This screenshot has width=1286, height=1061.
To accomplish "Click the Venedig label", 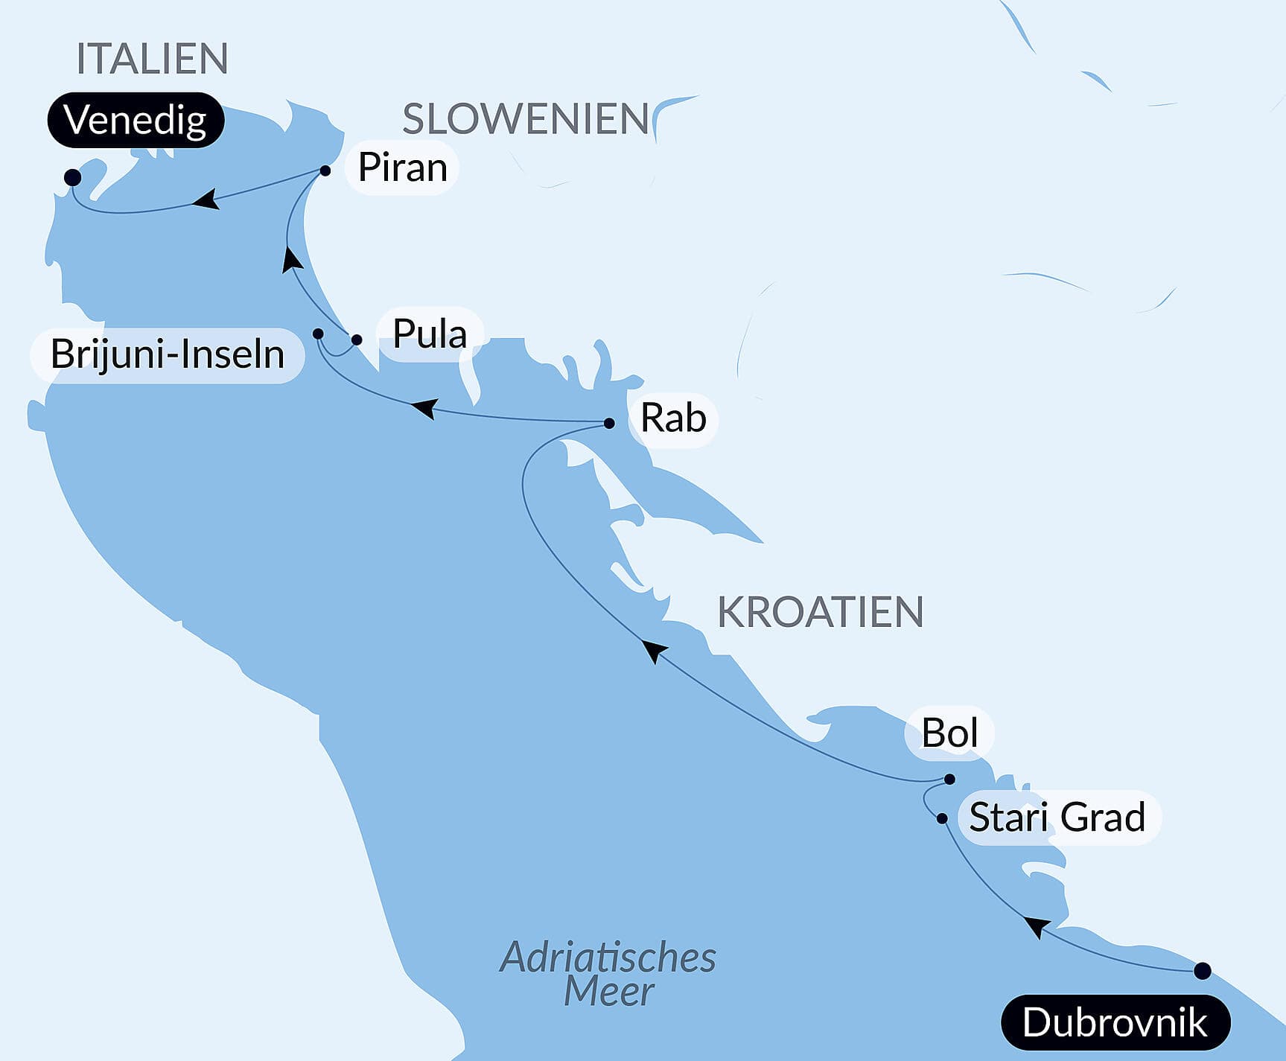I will point(136,120).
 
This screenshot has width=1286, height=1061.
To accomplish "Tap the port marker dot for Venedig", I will point(72,177).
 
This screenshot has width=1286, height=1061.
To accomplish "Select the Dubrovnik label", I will point(1115,1022).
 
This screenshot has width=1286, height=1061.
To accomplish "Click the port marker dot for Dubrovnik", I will point(1202,971).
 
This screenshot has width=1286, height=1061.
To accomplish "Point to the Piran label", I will point(402,168).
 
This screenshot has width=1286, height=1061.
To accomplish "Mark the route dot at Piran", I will point(325,171).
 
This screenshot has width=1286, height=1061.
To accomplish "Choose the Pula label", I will point(430,334).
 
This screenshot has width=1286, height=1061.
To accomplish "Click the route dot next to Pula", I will point(357,340).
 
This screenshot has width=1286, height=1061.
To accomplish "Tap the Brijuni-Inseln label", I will point(168,354).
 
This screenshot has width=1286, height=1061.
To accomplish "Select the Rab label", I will point(673,418).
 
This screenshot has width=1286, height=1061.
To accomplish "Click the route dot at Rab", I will point(609,423).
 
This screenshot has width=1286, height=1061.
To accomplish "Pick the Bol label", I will point(949,733).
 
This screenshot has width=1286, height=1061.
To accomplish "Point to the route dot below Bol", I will point(949,780).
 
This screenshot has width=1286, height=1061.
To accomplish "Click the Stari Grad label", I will point(1057,818).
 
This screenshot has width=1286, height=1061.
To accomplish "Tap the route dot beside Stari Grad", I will point(942,818).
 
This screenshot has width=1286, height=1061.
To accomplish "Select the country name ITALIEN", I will point(152,59).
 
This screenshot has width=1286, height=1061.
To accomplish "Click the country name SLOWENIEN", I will point(526,119).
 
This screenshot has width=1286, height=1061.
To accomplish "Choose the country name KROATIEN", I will point(820,613).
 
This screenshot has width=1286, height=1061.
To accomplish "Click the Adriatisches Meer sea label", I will point(608,974).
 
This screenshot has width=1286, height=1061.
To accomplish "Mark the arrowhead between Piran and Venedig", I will point(206,200).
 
